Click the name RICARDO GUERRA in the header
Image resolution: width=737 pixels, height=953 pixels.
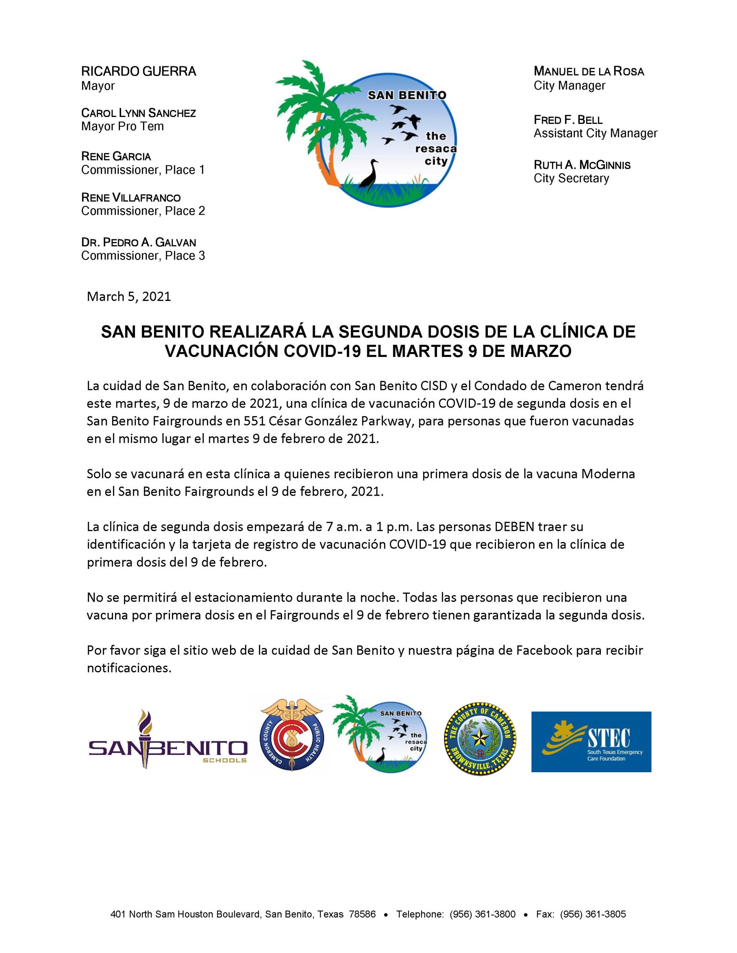[138, 71]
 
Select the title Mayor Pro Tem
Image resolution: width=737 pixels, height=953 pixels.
[122, 126]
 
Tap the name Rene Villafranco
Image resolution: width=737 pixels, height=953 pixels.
[131, 198]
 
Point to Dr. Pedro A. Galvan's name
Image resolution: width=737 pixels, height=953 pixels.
[138, 242]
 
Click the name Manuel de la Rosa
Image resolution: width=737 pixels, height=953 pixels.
[588, 71]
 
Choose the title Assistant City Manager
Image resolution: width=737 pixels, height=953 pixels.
[595, 133]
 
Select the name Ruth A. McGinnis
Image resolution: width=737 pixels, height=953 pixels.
[582, 165]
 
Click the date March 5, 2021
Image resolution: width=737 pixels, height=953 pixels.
[129, 297]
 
